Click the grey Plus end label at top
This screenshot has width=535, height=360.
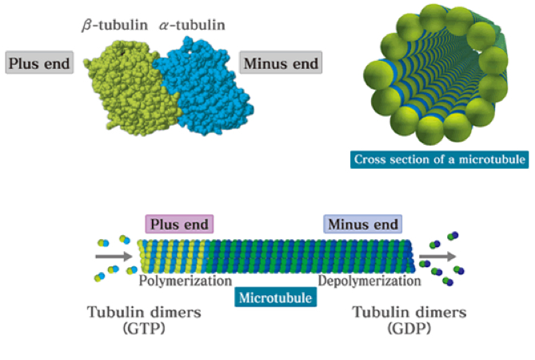coord(38,63)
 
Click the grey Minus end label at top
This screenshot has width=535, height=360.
coord(281,63)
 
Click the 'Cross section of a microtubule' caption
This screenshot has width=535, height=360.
coord(439,159)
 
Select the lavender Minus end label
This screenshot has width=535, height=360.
coord(361,225)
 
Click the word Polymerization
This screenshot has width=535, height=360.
coord(184,282)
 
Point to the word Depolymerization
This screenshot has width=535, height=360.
coord(369,282)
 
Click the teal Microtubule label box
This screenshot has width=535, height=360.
coord(275,297)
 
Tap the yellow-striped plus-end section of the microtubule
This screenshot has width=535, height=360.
coord(171,257)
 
